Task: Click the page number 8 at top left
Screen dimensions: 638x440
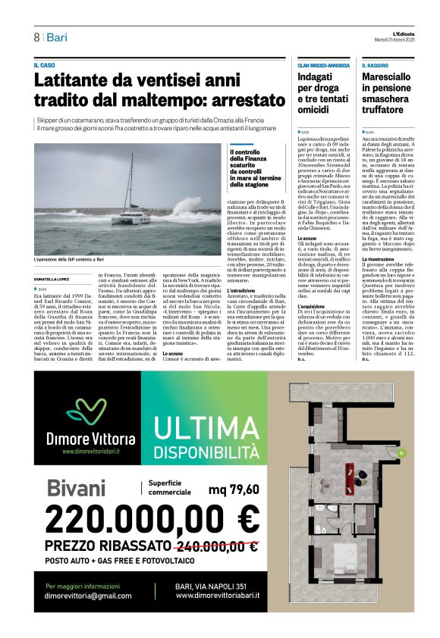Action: [36, 38]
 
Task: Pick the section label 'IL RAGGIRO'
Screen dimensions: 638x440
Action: [375, 66]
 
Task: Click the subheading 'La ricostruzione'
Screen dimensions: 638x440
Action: [377, 280]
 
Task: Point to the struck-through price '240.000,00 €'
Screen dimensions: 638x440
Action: [216, 546]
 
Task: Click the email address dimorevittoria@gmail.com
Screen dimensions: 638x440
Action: [89, 596]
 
